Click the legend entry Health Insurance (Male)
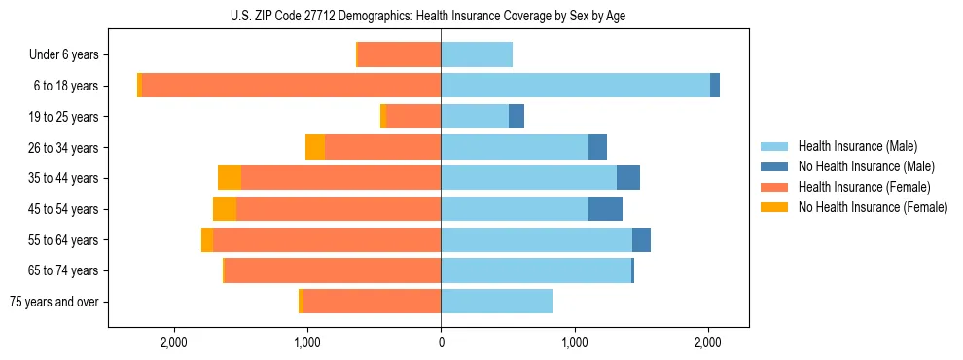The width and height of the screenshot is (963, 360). coord(857,146)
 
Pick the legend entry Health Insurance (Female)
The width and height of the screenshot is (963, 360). coord(863,187)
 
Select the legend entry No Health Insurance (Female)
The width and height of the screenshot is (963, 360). coord(872,207)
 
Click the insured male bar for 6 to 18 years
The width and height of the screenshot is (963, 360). coord(575,86)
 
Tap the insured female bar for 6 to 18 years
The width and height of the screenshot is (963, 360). coord(291,86)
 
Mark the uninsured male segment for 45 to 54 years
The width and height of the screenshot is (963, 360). coord(605,209)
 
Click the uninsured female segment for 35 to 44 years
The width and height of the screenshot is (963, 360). coord(230,178)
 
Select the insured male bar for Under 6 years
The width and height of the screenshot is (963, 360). coord(477,54)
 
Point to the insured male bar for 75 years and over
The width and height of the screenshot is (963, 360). coord(496,302)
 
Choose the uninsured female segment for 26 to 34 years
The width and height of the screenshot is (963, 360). coord(315,147)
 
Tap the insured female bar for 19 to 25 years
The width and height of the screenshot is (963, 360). coord(413,117)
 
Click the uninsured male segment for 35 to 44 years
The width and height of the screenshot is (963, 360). coord(628,178)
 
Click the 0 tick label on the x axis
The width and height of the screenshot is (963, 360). coord(441,342)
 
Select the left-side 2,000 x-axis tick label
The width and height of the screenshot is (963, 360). coord(173,342)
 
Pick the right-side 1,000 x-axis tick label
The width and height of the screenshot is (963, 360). coord(575,342)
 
